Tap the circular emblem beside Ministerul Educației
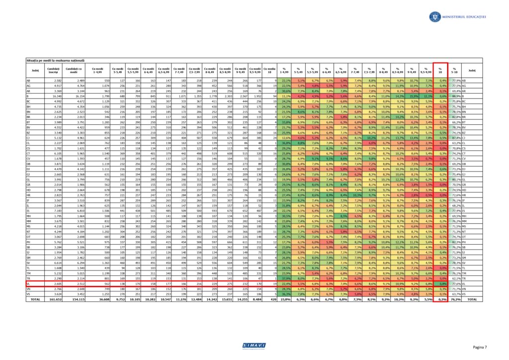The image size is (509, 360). click(434, 17)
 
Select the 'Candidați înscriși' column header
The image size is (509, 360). click(53, 71)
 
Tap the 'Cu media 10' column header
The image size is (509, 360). click(270, 71)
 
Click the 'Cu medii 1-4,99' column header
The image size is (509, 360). click(97, 71)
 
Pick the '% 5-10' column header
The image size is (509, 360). click(453, 71)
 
